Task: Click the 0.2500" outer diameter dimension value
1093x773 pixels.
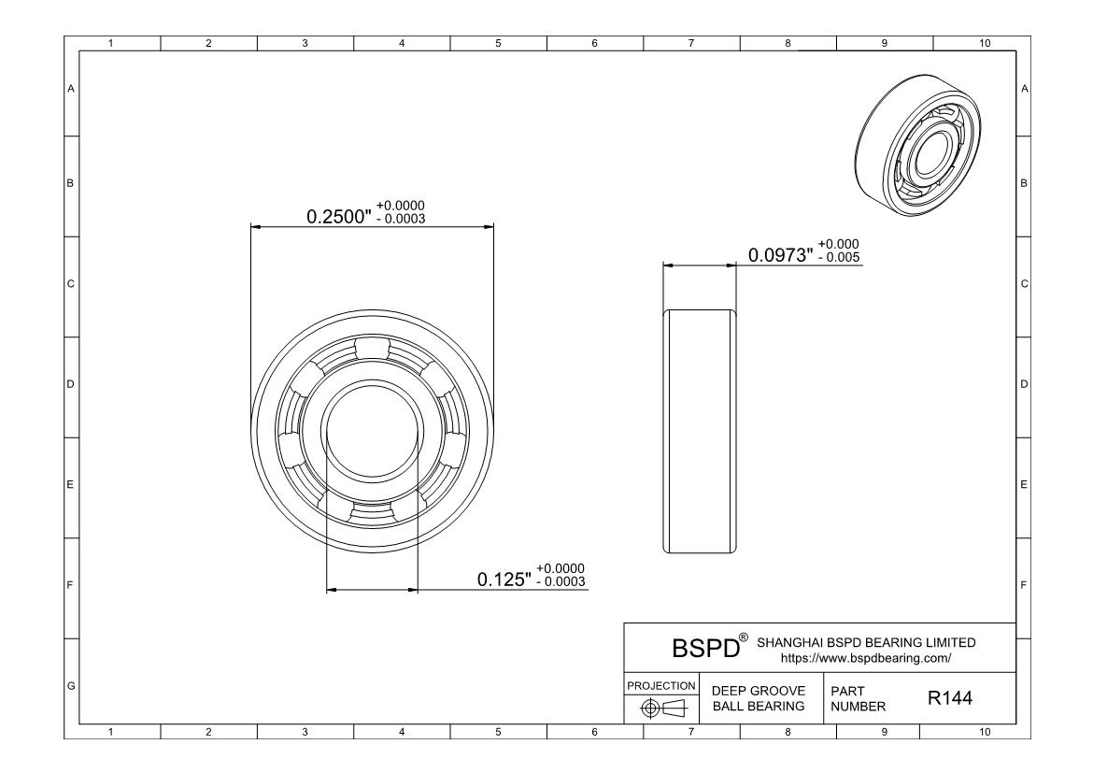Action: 339,217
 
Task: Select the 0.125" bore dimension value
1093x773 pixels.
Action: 504,580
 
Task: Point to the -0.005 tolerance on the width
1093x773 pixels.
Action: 839,257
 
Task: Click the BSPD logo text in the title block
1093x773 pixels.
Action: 705,648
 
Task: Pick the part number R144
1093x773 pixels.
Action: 949,698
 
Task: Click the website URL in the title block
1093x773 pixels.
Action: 866,658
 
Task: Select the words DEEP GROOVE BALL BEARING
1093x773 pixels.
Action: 759,698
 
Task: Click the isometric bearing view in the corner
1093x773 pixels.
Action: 917,145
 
